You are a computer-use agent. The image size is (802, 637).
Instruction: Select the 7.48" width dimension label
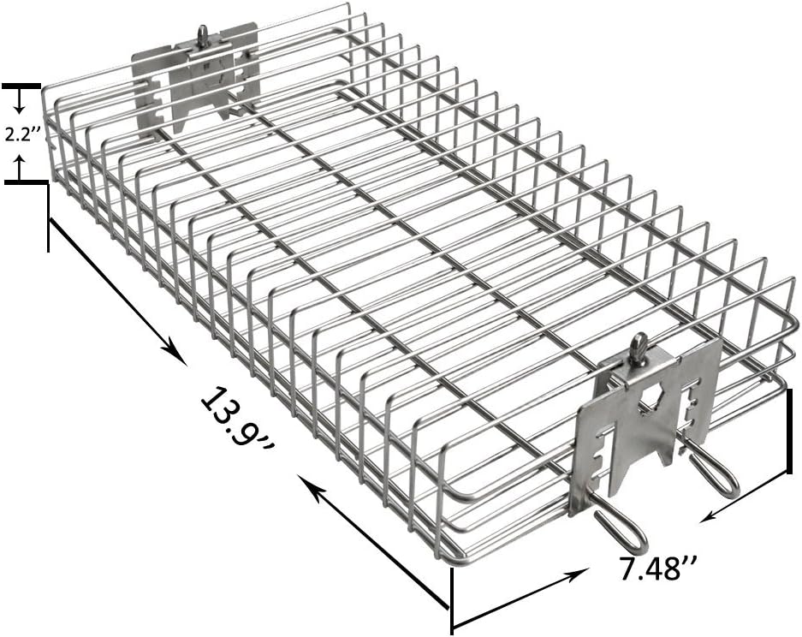(657, 567)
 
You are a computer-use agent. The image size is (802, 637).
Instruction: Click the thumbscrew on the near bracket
(638, 349)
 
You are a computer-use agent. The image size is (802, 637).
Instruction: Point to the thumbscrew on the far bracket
(204, 36)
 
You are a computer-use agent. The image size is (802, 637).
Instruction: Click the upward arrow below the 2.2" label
(20, 167)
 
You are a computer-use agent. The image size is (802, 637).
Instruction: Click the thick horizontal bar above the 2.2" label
(21, 86)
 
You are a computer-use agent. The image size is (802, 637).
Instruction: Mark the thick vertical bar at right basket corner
(790, 431)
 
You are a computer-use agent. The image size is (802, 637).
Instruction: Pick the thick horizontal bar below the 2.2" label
(27, 182)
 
